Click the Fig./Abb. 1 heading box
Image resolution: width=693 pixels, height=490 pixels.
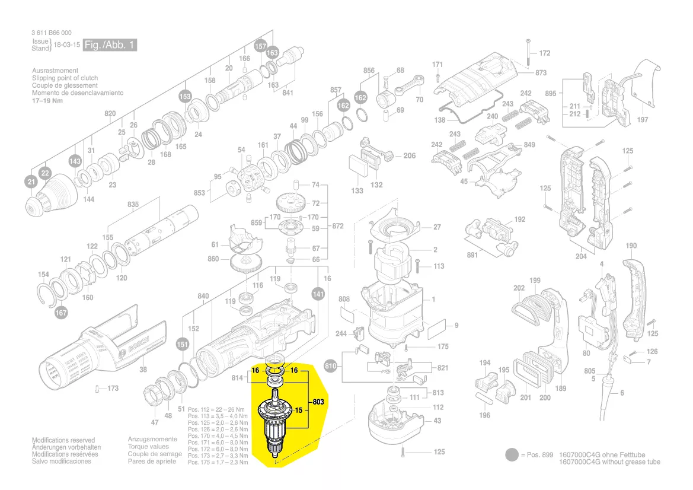pyautogui.click(x=110, y=45)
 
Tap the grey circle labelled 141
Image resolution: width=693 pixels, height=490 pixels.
pyautogui.click(x=318, y=293)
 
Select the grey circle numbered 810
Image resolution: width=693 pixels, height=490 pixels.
pyautogui.click(x=331, y=367)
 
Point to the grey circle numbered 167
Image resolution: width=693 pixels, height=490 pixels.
pyautogui.click(x=61, y=312)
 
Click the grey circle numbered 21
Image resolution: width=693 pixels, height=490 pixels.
pyautogui.click(x=31, y=183)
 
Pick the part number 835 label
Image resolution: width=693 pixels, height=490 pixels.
pyautogui.click(x=133, y=205)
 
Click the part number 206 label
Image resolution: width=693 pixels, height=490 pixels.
pyautogui.click(x=409, y=156)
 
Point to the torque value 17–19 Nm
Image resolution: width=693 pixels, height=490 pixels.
pyautogui.click(x=47, y=100)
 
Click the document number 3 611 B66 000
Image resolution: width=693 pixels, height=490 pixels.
pyautogui.click(x=52, y=33)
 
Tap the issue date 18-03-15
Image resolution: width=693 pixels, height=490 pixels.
pyautogui.click(x=67, y=45)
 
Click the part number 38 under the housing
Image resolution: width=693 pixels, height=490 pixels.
pyautogui.click(x=142, y=370)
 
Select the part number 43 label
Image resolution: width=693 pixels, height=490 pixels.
pyautogui.click(x=437, y=421)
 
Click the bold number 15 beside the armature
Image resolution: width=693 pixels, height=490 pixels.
pyautogui.click(x=299, y=410)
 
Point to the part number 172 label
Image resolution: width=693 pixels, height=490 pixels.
pyautogui.click(x=544, y=53)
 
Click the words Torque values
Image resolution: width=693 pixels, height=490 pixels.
pyautogui.click(x=148, y=447)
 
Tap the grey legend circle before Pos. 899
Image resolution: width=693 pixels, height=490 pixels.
pyautogui.click(x=510, y=456)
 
